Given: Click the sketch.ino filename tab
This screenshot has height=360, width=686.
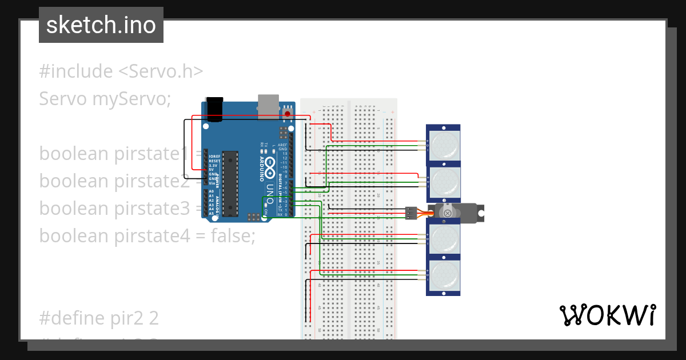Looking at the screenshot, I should [x=101, y=25].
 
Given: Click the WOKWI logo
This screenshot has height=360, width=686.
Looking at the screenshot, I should [x=607, y=315].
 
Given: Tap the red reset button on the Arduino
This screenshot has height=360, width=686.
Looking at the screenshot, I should [x=287, y=113].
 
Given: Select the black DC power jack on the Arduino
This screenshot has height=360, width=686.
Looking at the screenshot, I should [x=214, y=109].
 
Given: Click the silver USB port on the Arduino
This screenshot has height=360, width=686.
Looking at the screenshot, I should [x=268, y=107].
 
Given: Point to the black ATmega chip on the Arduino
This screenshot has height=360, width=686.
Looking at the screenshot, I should [x=230, y=183].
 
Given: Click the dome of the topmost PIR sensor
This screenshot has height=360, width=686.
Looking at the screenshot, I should [x=444, y=145].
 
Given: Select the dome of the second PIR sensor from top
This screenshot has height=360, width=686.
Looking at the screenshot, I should [x=444, y=182].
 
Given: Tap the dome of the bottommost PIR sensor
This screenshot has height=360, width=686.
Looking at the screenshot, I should [x=444, y=277].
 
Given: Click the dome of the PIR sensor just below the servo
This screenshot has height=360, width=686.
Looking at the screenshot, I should [x=444, y=239].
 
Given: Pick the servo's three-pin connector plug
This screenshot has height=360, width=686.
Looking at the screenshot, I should [x=411, y=213].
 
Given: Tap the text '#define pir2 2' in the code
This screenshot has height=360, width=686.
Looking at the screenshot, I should [x=98, y=318].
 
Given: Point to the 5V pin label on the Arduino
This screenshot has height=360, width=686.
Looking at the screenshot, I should [x=212, y=169].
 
